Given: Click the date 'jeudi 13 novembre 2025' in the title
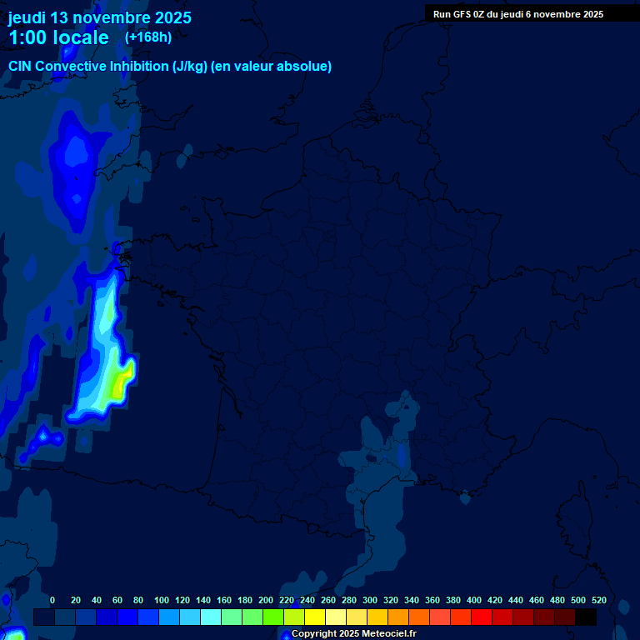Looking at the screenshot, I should [x=99, y=17].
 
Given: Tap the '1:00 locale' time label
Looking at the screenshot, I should [x=58, y=37].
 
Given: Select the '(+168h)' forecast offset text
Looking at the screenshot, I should [x=148, y=37].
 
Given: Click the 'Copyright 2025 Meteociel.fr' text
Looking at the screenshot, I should [x=353, y=634].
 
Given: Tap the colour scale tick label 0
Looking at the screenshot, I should [x=52, y=600].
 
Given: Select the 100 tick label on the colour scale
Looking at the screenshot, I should [x=162, y=600].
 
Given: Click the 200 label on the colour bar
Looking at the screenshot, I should [x=266, y=600].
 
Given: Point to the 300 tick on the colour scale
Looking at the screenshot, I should [x=370, y=600].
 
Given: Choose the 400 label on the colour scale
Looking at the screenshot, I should [x=474, y=600].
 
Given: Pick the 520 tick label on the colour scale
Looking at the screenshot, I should [x=598, y=600].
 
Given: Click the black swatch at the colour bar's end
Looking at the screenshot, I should [x=586, y=617].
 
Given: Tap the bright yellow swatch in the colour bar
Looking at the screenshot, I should [x=315, y=617].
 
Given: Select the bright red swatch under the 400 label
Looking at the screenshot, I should [x=482, y=617].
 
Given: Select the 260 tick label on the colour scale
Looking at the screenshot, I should [x=328, y=600].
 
